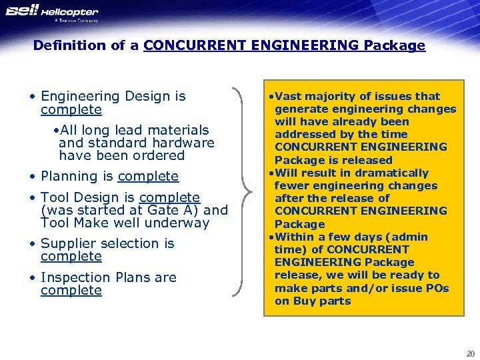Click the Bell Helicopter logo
52,13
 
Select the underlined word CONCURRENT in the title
186,45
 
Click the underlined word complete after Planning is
148,177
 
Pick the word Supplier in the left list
68,244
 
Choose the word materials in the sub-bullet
177,130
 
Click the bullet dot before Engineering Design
33,97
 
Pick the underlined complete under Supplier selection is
71,257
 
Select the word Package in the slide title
395,45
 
